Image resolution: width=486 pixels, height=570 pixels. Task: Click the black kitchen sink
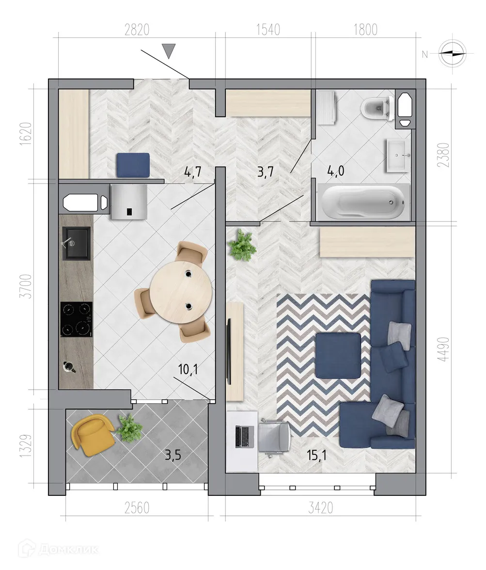tap(76, 243)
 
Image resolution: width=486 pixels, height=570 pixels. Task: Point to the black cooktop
tap(76, 319)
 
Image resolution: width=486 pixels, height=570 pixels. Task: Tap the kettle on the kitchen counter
tap(68, 366)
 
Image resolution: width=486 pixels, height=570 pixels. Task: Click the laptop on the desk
tap(245, 436)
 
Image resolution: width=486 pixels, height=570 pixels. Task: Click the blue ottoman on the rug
tap(338, 355)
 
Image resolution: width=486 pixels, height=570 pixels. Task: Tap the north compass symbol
tap(452, 53)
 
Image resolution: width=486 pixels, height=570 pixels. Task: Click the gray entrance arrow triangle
tap(169, 50)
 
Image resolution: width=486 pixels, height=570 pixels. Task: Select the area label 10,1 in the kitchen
tap(188, 370)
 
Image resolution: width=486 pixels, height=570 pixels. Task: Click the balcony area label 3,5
tap(173, 456)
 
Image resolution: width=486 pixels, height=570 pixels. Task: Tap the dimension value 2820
tap(137, 30)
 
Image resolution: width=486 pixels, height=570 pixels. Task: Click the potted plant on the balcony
tap(129, 428)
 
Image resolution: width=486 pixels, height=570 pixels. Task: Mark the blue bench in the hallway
tap(132, 165)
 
